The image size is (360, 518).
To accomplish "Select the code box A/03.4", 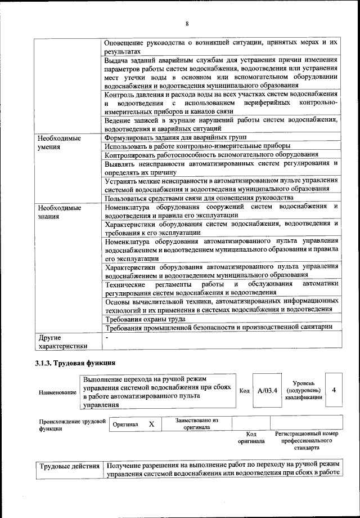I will click(x=267, y=390).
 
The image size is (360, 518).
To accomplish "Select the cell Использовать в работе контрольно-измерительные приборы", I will click(x=197, y=146).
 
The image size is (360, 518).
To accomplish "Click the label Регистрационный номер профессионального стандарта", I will click(x=307, y=441).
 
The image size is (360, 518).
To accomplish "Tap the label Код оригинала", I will click(x=251, y=437).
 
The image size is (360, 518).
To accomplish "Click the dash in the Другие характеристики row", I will click(x=107, y=337).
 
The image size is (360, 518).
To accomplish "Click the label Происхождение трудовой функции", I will click(x=71, y=425).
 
